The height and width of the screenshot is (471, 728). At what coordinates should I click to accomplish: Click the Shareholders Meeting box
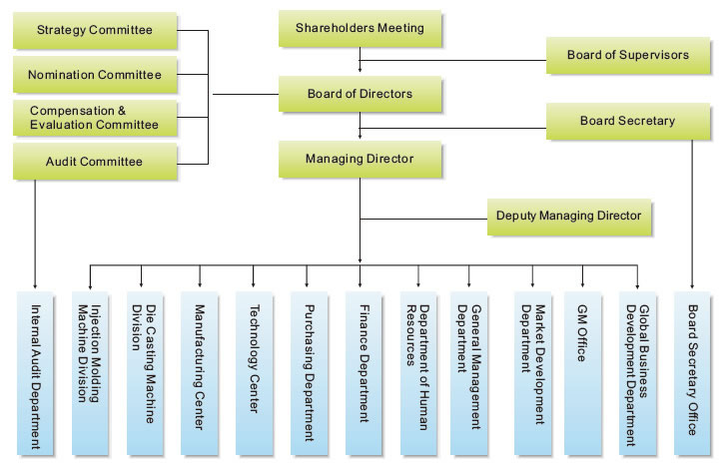pos(360,30)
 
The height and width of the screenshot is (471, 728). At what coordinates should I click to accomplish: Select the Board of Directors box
pos(360,95)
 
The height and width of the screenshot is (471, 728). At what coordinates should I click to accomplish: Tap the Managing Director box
pos(360,158)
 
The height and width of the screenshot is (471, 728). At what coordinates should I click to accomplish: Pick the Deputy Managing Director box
pos(568,215)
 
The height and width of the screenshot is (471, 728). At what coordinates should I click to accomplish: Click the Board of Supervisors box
pos(628,55)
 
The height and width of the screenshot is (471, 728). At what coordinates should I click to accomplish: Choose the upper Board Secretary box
pos(628,121)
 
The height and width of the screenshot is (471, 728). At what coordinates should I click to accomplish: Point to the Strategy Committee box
pos(94,30)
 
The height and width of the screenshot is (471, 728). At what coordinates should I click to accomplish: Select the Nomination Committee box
pos(94,75)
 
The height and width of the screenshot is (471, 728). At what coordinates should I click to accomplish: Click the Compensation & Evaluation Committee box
pos(94,118)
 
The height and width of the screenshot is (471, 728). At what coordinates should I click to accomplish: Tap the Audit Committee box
pos(94,162)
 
